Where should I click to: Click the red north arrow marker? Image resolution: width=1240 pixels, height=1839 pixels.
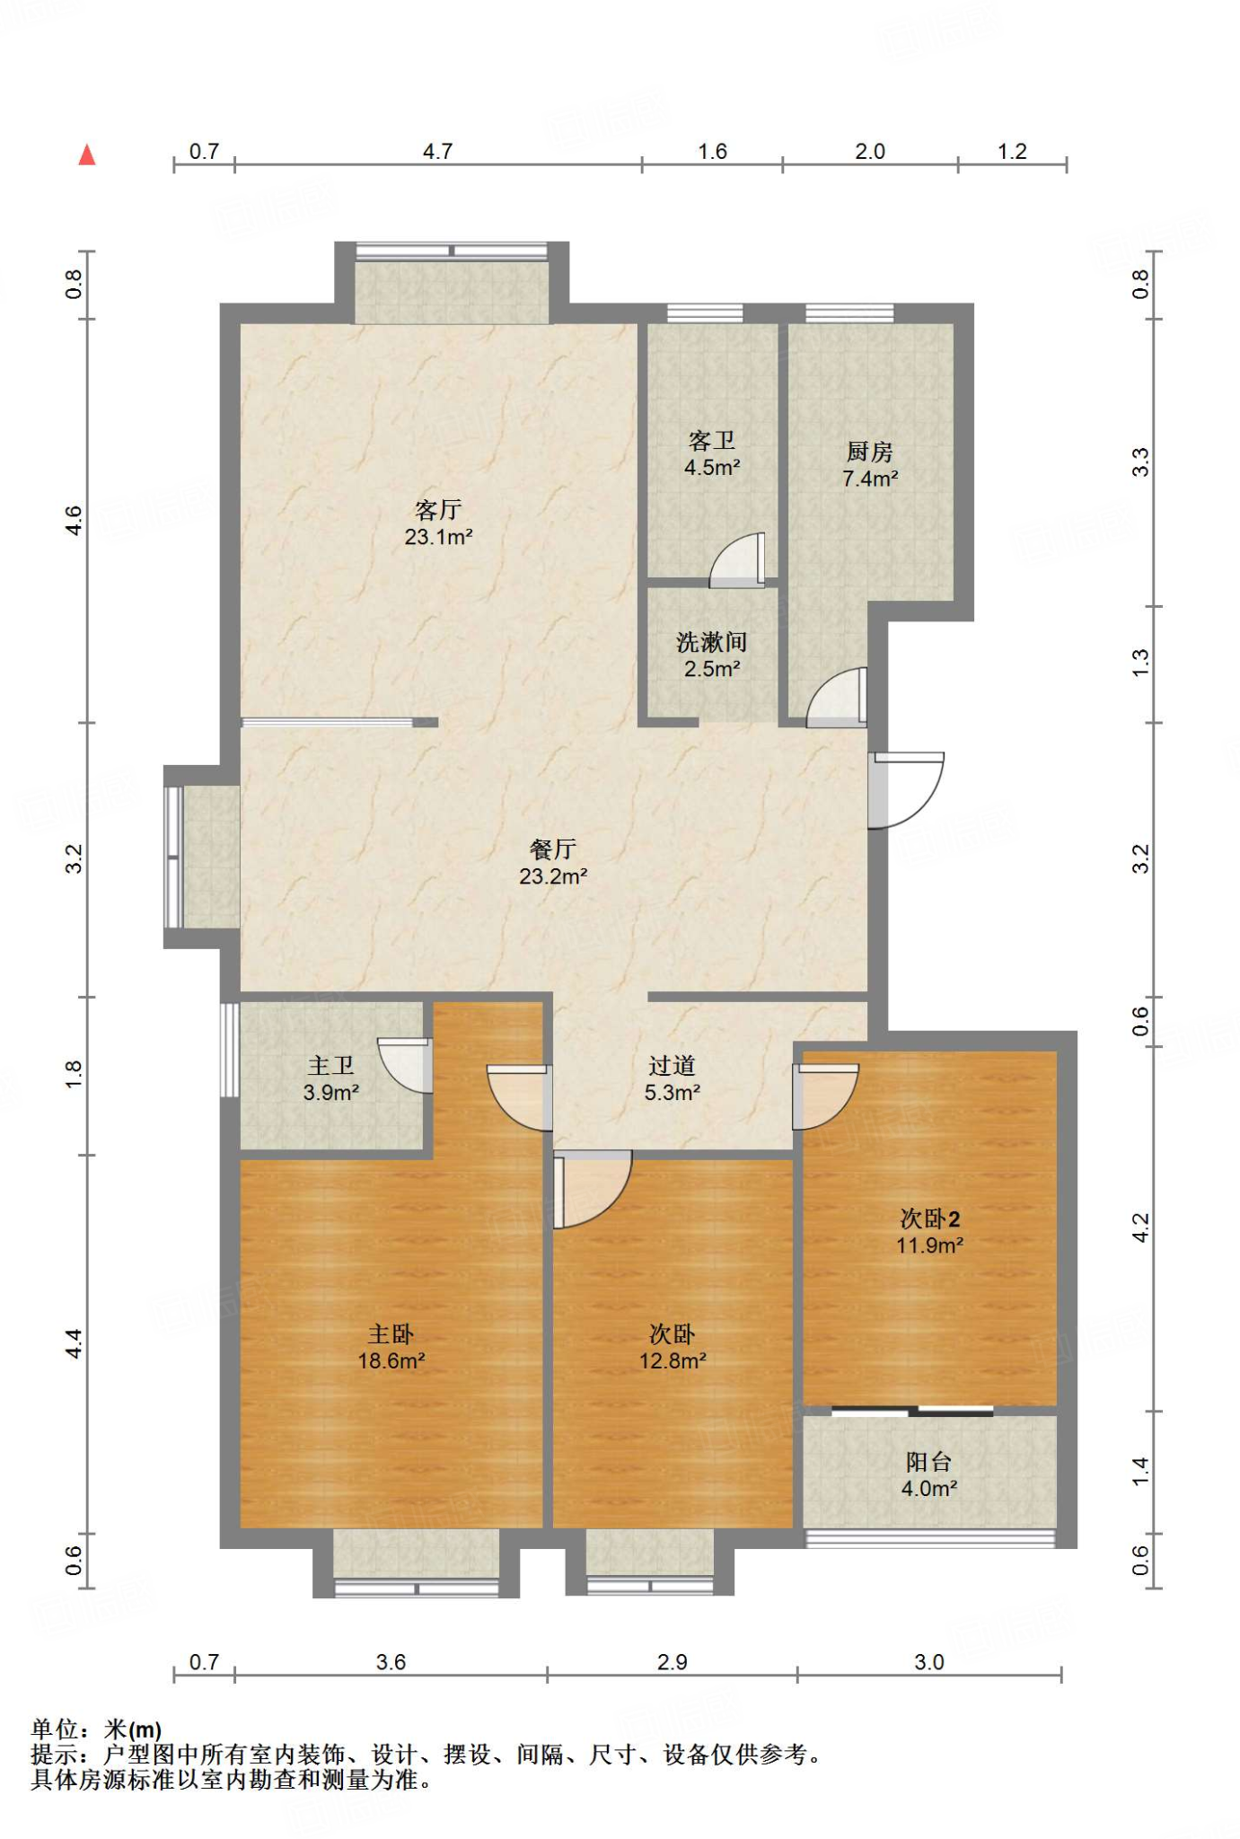(x=87, y=155)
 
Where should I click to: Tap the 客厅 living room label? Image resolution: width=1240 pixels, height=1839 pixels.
(x=438, y=510)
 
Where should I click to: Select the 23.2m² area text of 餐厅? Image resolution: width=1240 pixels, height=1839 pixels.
(x=553, y=876)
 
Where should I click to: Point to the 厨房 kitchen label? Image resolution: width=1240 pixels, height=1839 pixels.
(x=870, y=452)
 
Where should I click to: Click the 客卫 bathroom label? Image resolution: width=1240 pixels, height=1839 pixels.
(x=712, y=440)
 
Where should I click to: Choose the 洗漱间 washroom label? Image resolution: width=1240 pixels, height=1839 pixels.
(x=712, y=642)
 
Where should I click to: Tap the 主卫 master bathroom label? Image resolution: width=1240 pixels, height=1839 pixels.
(x=331, y=1065)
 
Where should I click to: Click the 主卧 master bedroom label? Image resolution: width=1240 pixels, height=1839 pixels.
(x=391, y=1334)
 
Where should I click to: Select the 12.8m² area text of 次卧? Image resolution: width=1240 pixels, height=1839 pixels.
(x=673, y=1361)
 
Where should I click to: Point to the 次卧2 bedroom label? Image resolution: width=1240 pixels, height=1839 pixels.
(x=930, y=1219)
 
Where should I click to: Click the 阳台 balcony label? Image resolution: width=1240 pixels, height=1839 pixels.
(x=929, y=1462)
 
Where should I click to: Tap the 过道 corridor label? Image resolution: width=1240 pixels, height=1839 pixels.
(x=673, y=1066)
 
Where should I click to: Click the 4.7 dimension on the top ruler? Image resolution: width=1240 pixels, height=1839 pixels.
(x=438, y=151)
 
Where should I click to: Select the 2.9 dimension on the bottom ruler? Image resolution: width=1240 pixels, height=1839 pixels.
(x=673, y=1662)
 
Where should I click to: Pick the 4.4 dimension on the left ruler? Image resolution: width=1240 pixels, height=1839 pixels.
(x=74, y=1344)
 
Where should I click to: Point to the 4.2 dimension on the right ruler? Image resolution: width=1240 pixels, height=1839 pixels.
(x=1140, y=1228)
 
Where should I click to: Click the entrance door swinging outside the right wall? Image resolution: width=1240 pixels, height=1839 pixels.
(x=907, y=790)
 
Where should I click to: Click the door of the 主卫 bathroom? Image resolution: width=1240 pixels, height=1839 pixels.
(x=406, y=1066)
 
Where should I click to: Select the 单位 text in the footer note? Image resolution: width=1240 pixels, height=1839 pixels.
(x=56, y=1729)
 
